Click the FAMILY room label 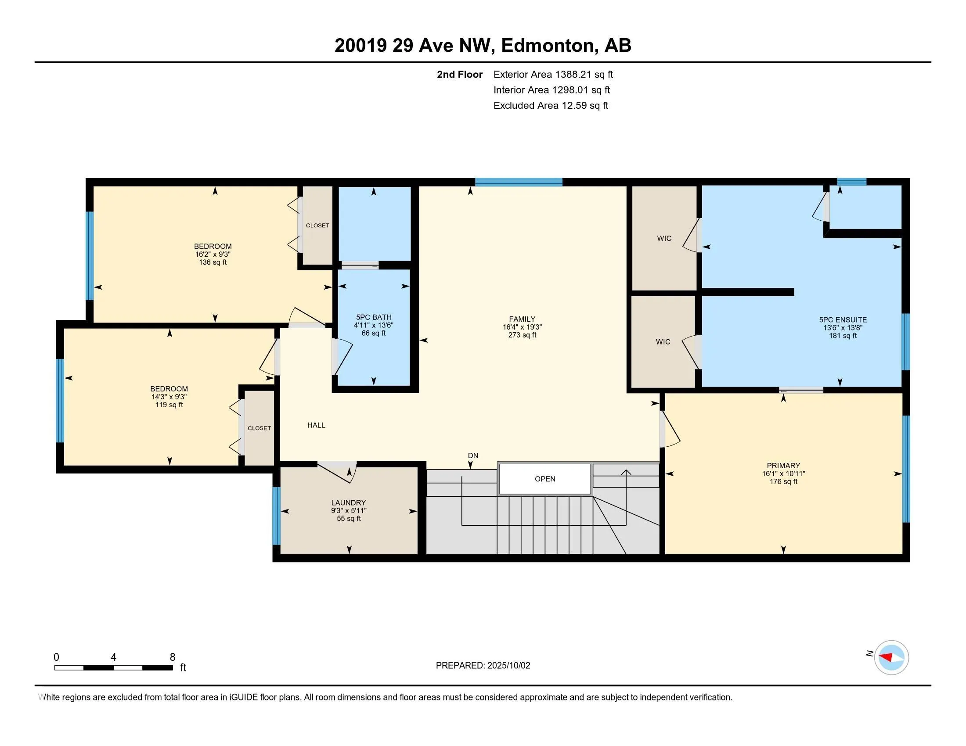pos(522,319)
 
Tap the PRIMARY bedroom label pos(783,465)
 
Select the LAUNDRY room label pos(349,502)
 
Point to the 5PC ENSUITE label pos(843,319)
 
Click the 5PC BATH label pos(374,317)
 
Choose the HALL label pos(316,425)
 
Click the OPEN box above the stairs pos(545,479)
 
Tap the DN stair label pos(473,455)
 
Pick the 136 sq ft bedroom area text pos(213,262)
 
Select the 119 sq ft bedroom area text pos(169,405)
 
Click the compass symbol pos(891,657)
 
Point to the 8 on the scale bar pos(173,657)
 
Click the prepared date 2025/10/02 pos(508,665)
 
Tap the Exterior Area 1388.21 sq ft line pos(553,74)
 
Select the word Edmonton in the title pos(547,46)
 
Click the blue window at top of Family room pos(519,182)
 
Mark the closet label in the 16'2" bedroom pos(317,226)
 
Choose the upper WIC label pos(664,238)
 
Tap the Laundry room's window pos(277,516)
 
